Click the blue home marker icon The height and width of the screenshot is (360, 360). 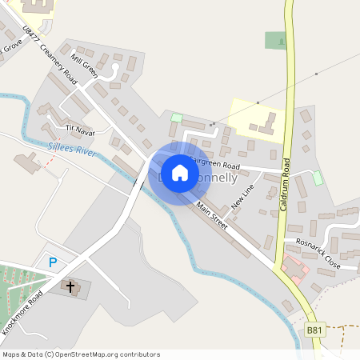coord(180,173)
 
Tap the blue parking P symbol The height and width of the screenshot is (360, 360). coord(53,262)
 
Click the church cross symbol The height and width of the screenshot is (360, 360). coord(70,286)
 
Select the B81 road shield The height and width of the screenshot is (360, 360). coord(315,329)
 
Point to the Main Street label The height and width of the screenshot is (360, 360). coord(212,216)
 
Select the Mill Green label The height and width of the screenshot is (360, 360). coord(83,66)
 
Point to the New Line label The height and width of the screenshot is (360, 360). coord(242,197)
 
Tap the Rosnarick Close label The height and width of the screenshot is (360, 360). coord(318,253)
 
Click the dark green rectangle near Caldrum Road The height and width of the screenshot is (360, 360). coord(275,40)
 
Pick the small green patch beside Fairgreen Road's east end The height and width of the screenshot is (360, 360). coord(317,177)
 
